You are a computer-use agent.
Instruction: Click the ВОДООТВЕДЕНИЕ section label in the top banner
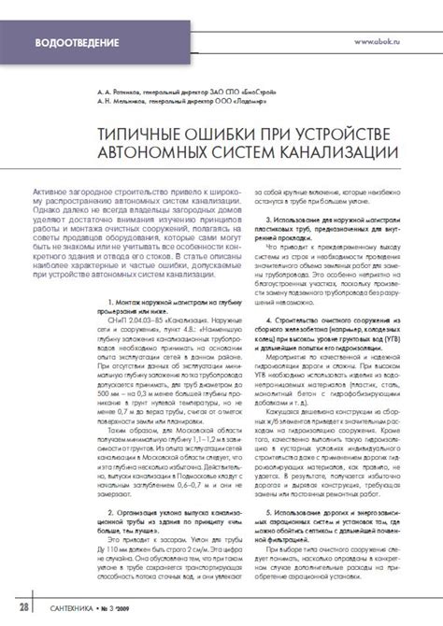pyautogui.click(x=78, y=44)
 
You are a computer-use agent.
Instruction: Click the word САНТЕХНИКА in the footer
pyautogui.click(x=78, y=609)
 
